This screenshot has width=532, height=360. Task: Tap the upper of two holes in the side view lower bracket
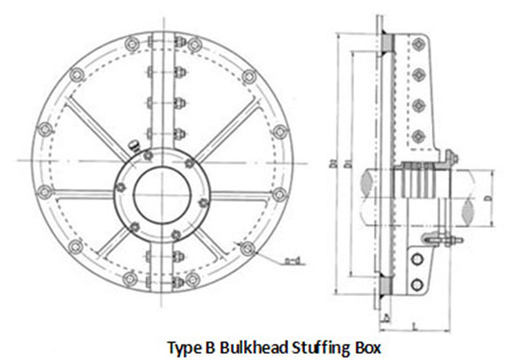pyautogui.click(x=416, y=258)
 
